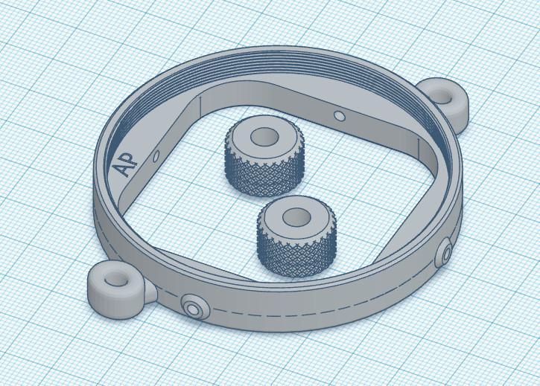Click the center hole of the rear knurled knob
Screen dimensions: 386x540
click(x=263, y=138)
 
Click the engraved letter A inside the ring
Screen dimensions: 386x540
click(x=121, y=168)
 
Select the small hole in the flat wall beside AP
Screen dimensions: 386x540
click(x=156, y=156)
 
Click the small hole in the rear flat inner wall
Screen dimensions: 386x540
click(x=339, y=116)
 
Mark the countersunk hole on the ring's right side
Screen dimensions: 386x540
click(x=446, y=255)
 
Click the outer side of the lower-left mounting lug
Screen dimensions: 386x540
click(x=112, y=301)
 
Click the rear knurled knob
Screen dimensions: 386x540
click(x=264, y=156)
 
